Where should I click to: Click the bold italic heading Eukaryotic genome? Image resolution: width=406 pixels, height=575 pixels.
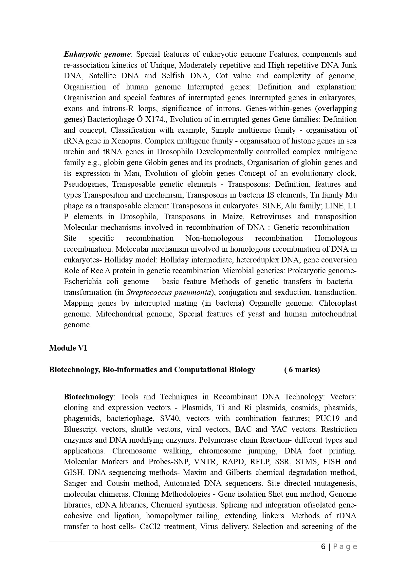pyautogui.click(x=97, y=54)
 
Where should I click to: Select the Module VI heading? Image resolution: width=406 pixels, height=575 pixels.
pyautogui.click(x=68, y=348)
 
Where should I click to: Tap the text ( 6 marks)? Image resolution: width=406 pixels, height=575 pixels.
pyautogui.click(x=302, y=370)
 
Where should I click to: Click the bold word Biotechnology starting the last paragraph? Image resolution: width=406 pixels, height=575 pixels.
pyautogui.click(x=88, y=397)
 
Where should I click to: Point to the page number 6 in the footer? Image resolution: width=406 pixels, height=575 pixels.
pyautogui.click(x=323, y=546)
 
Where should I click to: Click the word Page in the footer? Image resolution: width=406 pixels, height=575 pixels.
pyautogui.click(x=345, y=546)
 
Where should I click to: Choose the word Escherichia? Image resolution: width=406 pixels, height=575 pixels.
pyautogui.click(x=83, y=281)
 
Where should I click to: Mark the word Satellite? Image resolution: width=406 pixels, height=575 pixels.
pyautogui.click(x=102, y=76)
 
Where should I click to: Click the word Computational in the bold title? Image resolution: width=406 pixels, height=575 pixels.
pyautogui.click(x=197, y=370)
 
